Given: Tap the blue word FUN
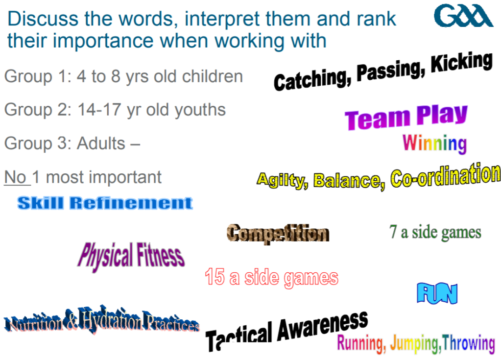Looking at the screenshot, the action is click(x=437, y=293).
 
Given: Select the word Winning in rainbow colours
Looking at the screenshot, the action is click(x=434, y=144).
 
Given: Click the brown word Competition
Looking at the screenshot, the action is click(x=278, y=234).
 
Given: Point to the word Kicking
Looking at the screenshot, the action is click(x=462, y=62).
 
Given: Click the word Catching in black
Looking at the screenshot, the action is click(x=312, y=80).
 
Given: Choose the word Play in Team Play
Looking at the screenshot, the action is click(x=442, y=115).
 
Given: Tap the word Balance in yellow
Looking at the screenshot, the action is click(x=349, y=181).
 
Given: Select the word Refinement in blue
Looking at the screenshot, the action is click(x=131, y=203).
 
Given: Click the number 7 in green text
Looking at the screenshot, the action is click(x=393, y=232).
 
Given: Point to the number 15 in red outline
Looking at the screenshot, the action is click(x=215, y=276).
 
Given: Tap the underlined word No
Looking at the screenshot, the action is click(x=15, y=177).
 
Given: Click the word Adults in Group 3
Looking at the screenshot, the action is click(x=101, y=144).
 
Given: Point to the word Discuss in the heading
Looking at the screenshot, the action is click(x=43, y=19).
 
